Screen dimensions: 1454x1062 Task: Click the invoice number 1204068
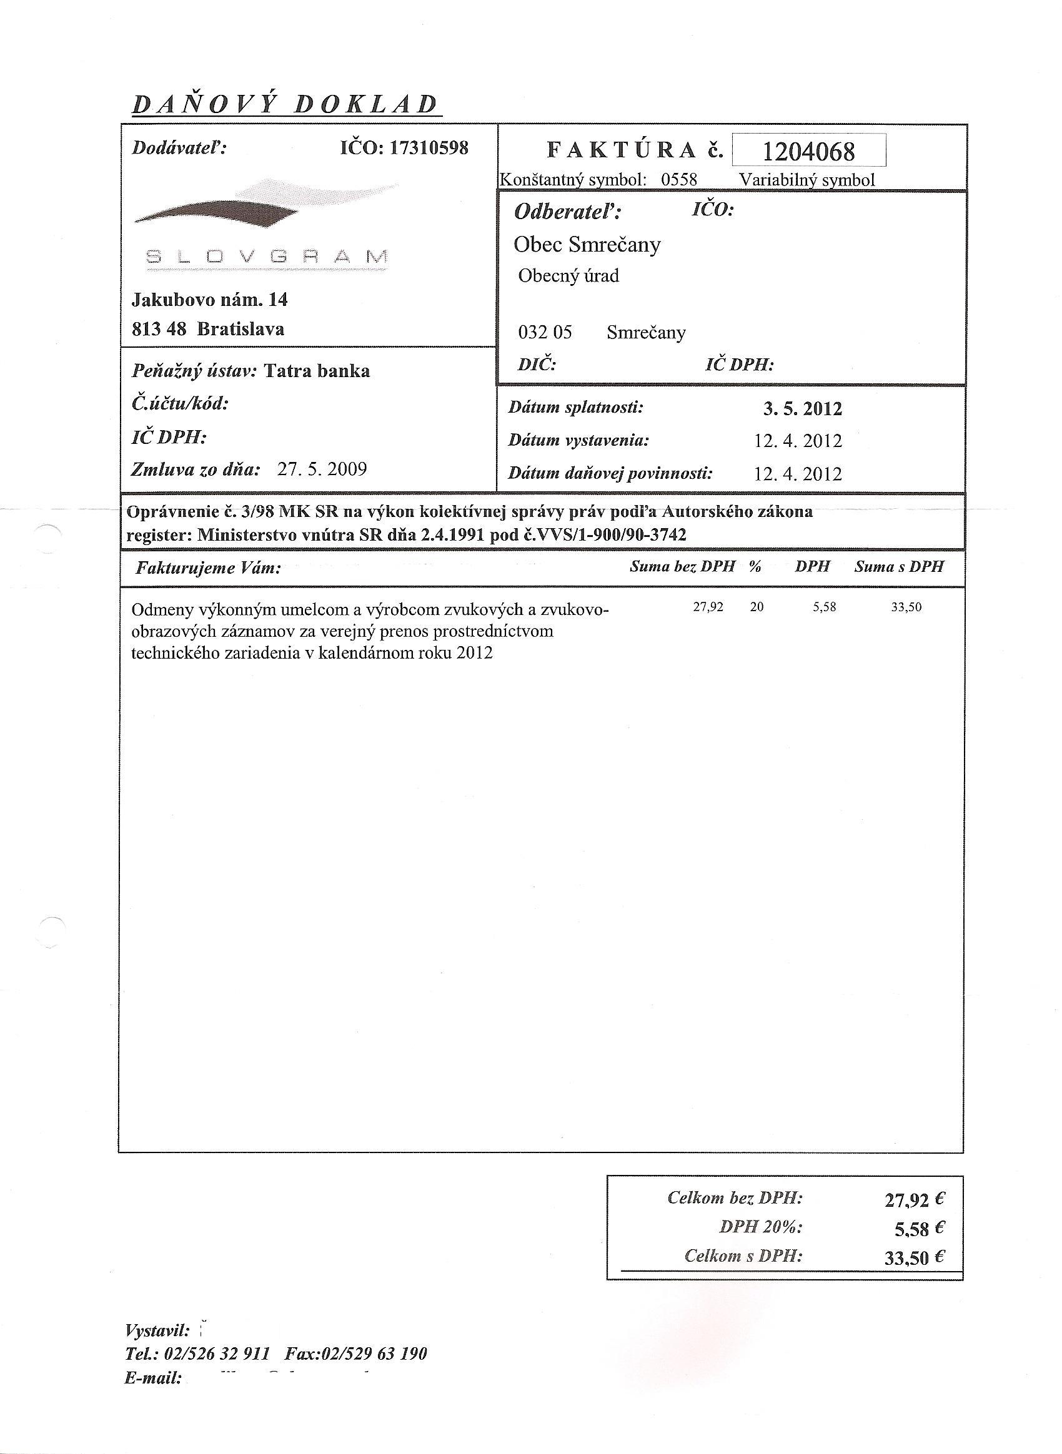(x=808, y=152)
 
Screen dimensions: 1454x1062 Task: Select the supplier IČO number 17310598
(x=429, y=149)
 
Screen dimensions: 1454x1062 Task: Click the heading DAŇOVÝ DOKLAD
(x=285, y=104)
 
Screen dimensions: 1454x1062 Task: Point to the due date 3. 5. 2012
(x=802, y=409)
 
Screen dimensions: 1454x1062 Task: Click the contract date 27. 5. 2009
(x=322, y=469)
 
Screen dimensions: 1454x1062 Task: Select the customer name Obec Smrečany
(x=587, y=245)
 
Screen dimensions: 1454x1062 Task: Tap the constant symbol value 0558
(x=679, y=180)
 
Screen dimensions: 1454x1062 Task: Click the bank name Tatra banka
(x=317, y=371)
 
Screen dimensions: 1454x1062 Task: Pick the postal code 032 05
(x=545, y=333)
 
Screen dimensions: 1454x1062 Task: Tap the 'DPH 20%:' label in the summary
(x=761, y=1227)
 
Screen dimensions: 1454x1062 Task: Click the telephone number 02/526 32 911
(x=217, y=1353)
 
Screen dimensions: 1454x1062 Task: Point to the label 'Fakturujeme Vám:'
(x=208, y=569)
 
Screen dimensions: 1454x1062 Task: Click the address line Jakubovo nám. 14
(x=209, y=300)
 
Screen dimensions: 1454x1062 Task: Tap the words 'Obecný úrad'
(x=568, y=277)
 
